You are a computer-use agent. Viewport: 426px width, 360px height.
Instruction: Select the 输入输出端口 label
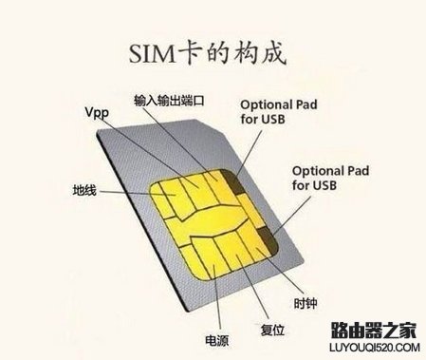tap(173, 98)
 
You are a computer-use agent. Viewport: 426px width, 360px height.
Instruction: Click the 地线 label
tap(84, 189)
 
